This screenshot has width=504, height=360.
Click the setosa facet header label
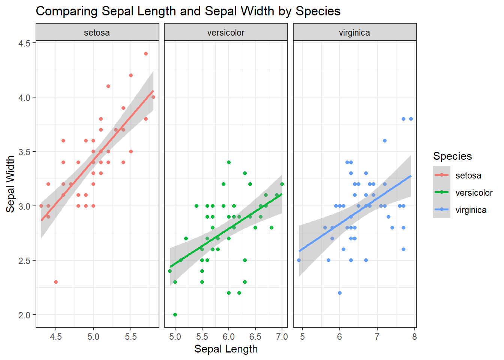coord(97,33)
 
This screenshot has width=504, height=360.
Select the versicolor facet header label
coord(226,33)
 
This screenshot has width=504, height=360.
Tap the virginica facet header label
coord(354,33)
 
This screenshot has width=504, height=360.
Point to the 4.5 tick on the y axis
coord(24,43)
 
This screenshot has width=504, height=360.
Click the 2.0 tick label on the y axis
coord(24,315)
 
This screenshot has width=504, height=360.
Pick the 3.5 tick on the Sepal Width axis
coord(24,152)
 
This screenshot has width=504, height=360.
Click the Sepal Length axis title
coord(226,349)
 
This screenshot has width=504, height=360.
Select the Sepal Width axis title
coord(10,184)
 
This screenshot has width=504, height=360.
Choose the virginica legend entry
coord(471,210)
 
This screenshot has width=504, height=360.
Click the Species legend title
coord(452,156)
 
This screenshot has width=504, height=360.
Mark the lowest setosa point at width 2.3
coord(56,282)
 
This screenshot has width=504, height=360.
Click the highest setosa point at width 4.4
coord(146,54)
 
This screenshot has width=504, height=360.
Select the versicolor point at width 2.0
coord(175,315)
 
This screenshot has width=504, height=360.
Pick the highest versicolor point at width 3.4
coord(229,162)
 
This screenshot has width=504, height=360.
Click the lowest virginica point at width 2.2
coord(340,293)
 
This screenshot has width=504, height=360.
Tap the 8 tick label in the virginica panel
coord(414,337)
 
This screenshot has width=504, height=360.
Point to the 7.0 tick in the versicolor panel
coord(282,337)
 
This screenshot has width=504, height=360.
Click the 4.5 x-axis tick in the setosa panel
coord(56,337)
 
